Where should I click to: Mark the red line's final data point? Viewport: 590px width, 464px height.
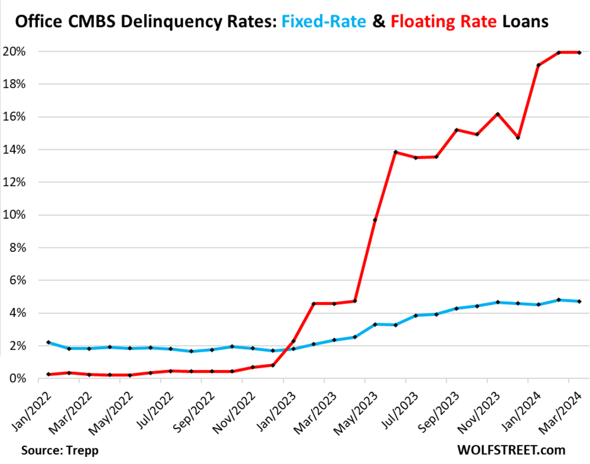point(580,53)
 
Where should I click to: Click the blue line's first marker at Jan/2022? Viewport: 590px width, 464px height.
point(48,342)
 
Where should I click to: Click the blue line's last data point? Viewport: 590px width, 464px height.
point(580,301)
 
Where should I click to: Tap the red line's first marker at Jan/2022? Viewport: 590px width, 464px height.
point(48,374)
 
